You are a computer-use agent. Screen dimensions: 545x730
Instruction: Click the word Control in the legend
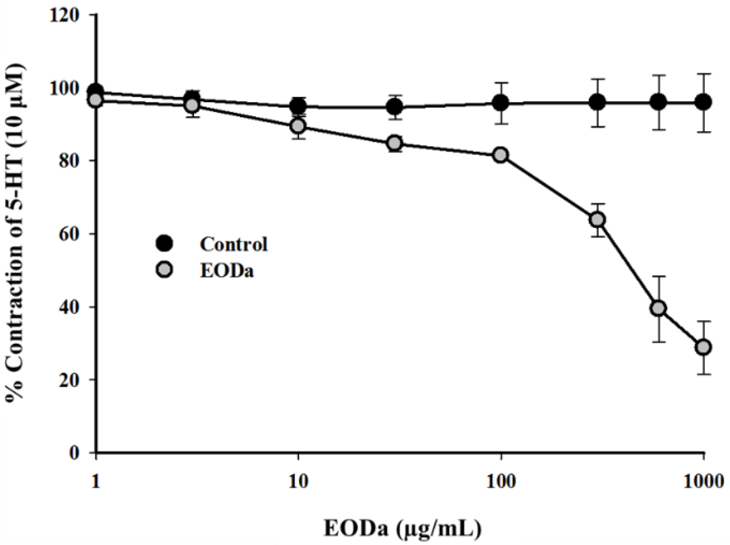pos(234,244)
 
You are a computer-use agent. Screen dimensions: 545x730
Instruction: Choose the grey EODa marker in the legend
pos(164,271)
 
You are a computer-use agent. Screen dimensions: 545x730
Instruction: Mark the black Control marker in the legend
pos(164,244)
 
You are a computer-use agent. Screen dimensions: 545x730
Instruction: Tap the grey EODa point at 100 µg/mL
pos(501,155)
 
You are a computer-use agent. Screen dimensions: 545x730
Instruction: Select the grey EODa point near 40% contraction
pos(659,308)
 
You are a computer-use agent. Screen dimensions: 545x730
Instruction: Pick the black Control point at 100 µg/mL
pos(501,103)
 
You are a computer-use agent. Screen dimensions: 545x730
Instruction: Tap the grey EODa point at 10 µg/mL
pos(298,126)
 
